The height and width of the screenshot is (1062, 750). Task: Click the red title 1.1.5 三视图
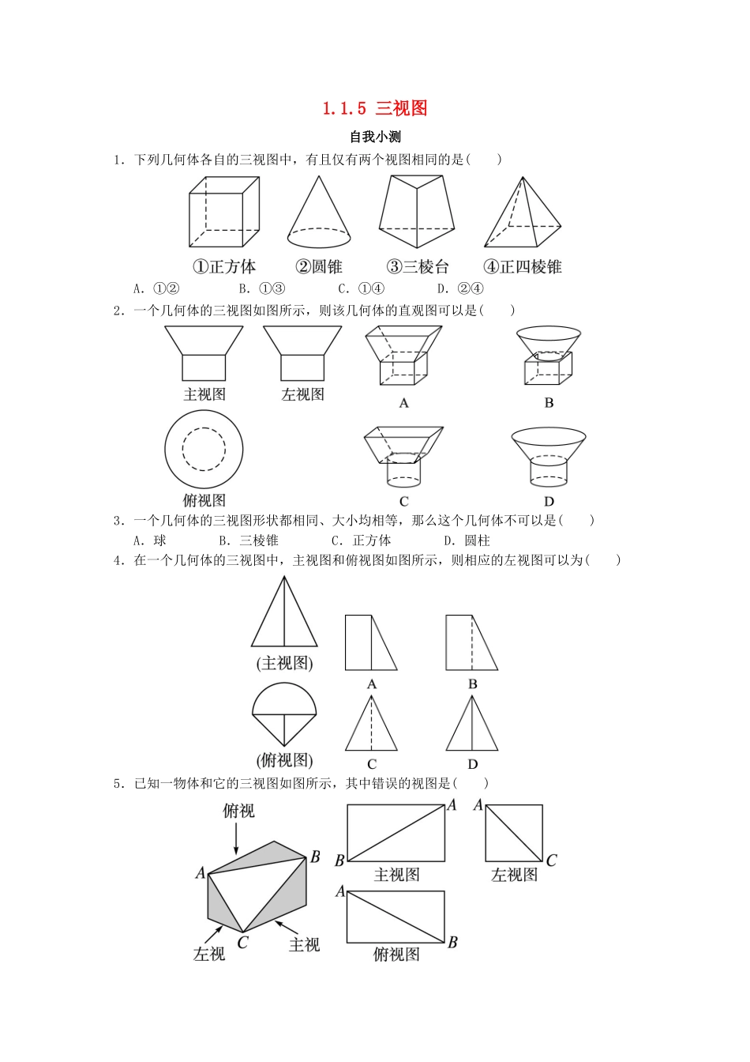(375, 109)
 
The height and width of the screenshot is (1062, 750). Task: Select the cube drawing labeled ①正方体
(223, 213)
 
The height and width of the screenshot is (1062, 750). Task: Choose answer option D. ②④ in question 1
(460, 288)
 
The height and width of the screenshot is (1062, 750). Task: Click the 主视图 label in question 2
(204, 394)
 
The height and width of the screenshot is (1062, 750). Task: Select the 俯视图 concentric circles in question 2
(204, 450)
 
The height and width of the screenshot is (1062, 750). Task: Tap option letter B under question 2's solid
(549, 403)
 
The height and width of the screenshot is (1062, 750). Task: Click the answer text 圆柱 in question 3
(477, 540)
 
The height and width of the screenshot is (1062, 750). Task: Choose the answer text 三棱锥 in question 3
(259, 540)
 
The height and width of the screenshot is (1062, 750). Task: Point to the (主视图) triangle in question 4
(284, 614)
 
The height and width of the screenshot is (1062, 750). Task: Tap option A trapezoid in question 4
(370, 642)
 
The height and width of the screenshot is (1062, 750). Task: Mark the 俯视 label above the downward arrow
(238, 811)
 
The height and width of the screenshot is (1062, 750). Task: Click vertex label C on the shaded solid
(242, 942)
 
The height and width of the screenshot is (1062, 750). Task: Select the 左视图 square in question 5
(514, 833)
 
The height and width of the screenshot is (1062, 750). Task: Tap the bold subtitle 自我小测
(376, 137)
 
